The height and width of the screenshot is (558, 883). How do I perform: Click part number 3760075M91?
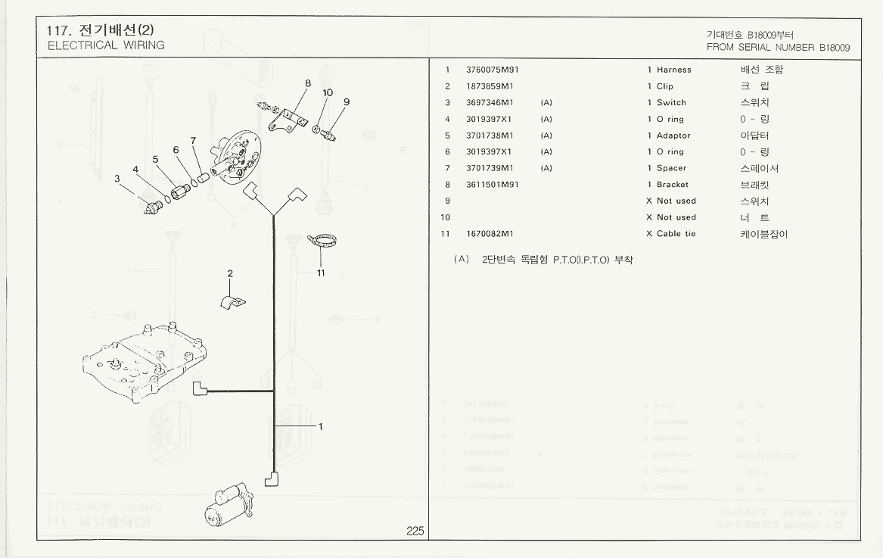pos(493,70)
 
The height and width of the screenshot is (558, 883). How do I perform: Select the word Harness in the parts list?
pos(673,70)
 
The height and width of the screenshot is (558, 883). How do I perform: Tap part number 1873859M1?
pos(490,86)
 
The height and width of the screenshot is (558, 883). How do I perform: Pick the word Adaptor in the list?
pos(673,136)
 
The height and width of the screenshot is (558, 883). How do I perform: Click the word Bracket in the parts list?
pos(672,185)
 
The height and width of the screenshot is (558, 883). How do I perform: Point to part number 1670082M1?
pos(490,234)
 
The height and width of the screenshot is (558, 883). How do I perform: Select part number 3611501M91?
pos(493,185)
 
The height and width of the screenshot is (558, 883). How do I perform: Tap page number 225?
pos(415,531)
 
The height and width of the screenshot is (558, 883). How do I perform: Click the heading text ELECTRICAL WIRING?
pos(106,45)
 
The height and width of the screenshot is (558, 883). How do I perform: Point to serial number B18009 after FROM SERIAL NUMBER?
pos(835,47)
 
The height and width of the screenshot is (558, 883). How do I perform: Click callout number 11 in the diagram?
pos(321,273)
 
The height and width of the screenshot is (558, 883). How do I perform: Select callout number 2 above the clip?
pos(230,273)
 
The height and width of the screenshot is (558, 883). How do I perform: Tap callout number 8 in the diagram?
pos(308,83)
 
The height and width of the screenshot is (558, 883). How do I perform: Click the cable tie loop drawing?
pos(323,242)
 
